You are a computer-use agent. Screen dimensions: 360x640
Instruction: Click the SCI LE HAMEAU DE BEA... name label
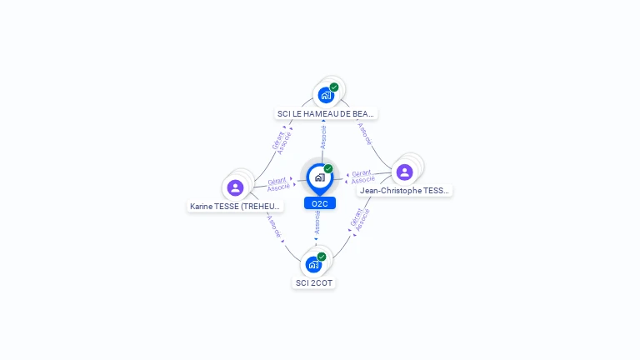[x=326, y=113]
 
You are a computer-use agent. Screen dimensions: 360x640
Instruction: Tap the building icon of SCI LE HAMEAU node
[x=326, y=95]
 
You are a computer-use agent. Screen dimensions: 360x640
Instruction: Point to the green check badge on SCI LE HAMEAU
[x=334, y=87]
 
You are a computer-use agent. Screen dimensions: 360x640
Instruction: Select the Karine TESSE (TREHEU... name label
[x=236, y=206]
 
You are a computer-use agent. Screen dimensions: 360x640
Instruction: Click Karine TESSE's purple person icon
[x=236, y=187]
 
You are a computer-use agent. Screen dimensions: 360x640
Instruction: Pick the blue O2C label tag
[x=319, y=203]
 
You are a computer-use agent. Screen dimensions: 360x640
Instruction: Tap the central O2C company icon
[x=319, y=177]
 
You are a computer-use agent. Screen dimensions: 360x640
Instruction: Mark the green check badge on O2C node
[x=328, y=168]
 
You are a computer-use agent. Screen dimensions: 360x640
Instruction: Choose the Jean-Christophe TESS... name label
[x=405, y=190]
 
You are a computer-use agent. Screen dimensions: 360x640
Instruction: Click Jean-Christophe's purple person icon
[x=405, y=172]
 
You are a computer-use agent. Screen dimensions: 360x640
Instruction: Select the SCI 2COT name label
[x=314, y=282]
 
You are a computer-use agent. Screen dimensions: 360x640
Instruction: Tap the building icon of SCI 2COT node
[x=313, y=265]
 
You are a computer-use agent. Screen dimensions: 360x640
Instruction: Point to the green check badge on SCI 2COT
[x=322, y=257]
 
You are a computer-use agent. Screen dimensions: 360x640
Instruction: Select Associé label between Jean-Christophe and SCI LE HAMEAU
[x=365, y=134]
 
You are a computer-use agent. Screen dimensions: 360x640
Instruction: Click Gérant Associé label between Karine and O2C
[x=278, y=183]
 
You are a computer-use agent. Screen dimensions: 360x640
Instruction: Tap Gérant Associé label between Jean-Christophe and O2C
[x=362, y=177]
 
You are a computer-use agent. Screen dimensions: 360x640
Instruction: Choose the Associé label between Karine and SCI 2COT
[x=274, y=226]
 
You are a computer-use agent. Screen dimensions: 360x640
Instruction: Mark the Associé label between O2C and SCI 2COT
[x=317, y=221]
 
